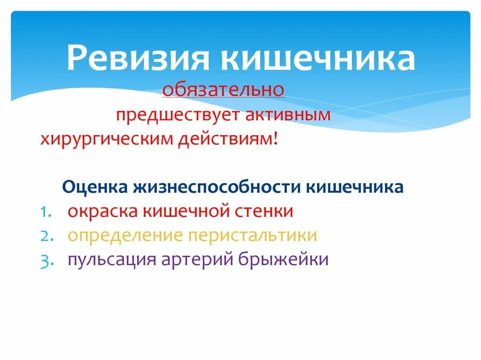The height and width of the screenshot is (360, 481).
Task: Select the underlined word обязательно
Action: [223, 89]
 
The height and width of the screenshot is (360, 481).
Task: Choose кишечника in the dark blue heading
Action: [355, 187]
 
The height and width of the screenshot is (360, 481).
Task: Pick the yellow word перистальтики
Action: [252, 236]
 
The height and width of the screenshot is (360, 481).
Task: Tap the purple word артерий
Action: [200, 260]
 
